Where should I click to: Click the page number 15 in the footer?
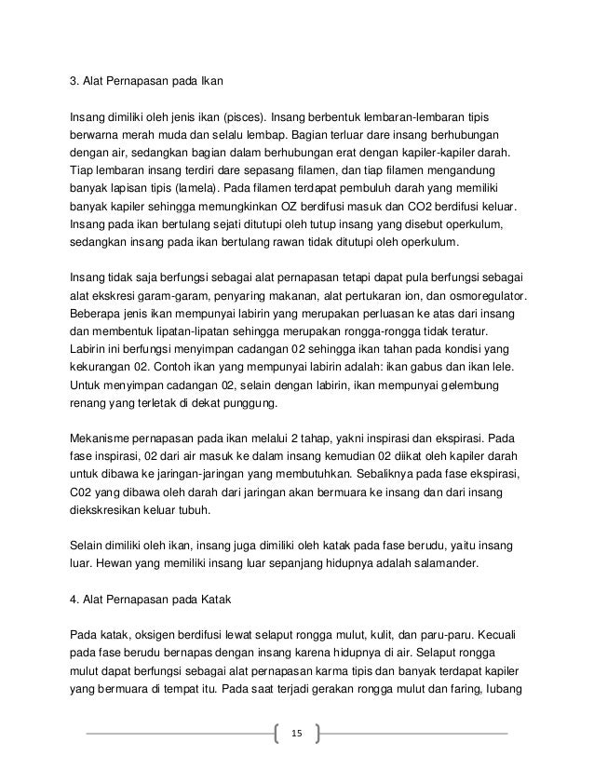(297, 734)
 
